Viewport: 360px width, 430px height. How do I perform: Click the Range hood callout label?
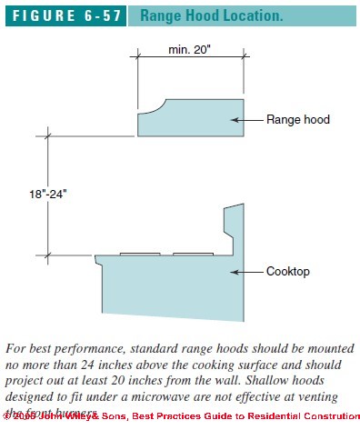(299, 119)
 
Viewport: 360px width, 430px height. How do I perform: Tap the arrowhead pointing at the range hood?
(235, 119)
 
